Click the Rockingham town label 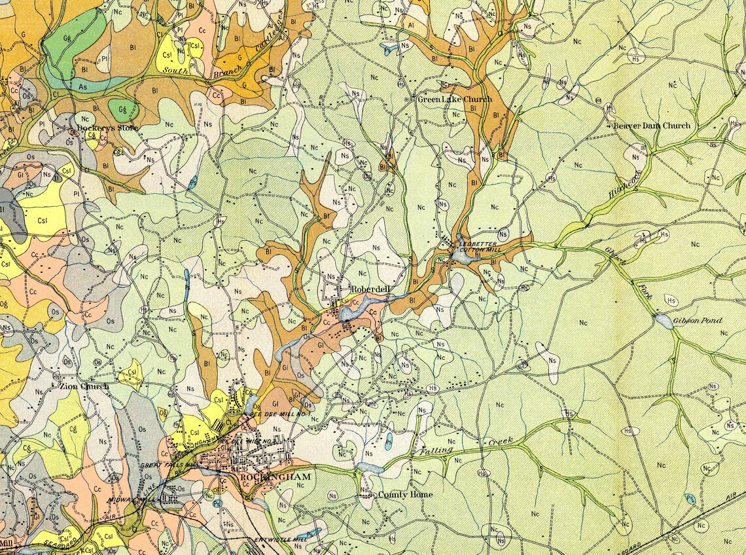pyautogui.click(x=275, y=476)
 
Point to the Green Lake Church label pyautogui.click(x=455, y=99)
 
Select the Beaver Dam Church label pyautogui.click(x=651, y=125)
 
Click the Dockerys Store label pyautogui.click(x=107, y=128)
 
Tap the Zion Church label pyautogui.click(x=84, y=386)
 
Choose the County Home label pyautogui.click(x=405, y=495)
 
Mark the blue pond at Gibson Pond pyautogui.click(x=662, y=321)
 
